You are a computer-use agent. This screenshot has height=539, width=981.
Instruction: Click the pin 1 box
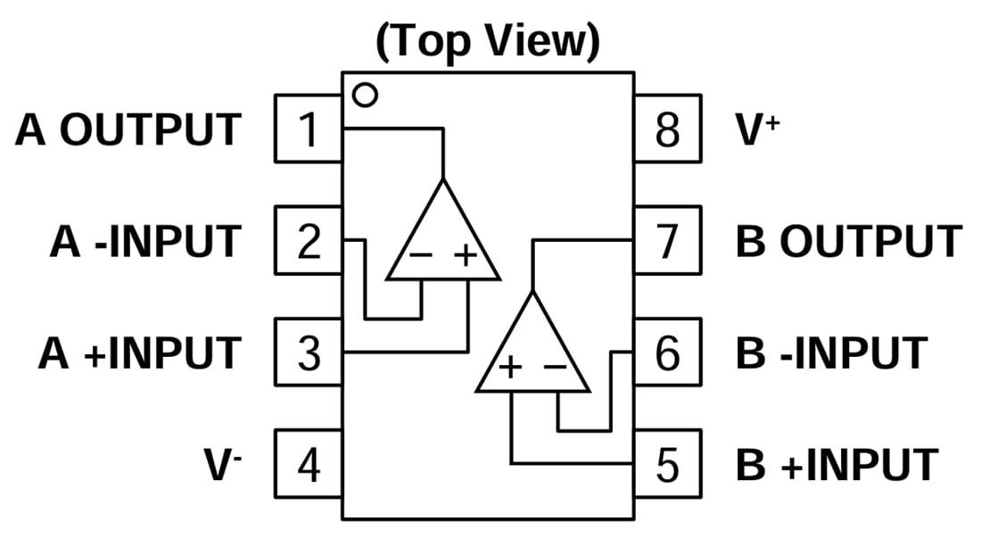point(308,130)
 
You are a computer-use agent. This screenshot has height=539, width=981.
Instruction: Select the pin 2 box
point(308,242)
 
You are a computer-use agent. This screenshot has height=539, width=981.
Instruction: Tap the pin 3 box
point(308,353)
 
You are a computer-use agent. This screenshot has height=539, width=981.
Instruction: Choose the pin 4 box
point(308,465)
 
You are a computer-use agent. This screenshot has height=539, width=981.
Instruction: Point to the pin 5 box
point(667,465)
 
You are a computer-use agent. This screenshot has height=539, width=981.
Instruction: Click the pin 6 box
point(667,353)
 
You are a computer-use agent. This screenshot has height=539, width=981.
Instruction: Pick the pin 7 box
point(667,242)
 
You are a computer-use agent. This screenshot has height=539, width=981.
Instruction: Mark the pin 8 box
point(667,130)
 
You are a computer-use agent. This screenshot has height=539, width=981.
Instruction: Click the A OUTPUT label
point(128,130)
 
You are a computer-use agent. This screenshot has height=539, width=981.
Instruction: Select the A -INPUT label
point(144,242)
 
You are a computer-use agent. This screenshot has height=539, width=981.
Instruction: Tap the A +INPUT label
point(139,353)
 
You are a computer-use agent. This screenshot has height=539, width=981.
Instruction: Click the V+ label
point(757,130)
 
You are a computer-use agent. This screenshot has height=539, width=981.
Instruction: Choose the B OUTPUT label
point(848,242)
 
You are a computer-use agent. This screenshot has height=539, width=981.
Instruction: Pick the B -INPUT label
point(831,353)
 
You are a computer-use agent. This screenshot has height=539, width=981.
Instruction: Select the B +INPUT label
point(837,465)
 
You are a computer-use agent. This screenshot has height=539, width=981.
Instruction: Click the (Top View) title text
point(487,41)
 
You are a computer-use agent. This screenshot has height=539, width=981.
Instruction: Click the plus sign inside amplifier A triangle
point(466,256)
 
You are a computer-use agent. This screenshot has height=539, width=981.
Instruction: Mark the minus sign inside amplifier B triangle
point(555,367)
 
